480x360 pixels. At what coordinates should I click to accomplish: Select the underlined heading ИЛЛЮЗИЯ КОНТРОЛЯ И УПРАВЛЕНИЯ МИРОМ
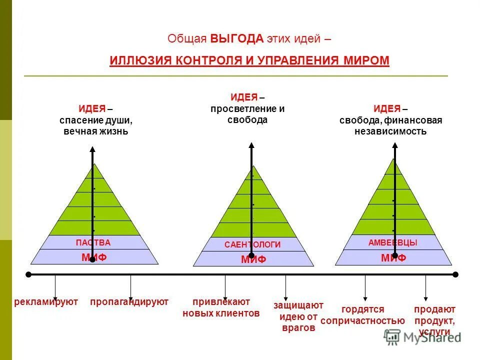tap(249, 60)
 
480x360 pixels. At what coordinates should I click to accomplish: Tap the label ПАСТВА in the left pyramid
tap(93, 242)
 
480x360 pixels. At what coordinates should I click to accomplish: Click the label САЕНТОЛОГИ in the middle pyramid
tap(252, 244)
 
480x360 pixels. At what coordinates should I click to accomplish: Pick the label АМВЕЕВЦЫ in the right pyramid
tap(392, 242)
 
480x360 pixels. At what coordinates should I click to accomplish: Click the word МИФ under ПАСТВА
tap(94, 257)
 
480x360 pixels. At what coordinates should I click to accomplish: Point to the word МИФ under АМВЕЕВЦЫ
tap(393, 258)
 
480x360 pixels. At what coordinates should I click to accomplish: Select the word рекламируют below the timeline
tap(46, 302)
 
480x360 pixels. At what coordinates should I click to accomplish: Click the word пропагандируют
tap(129, 302)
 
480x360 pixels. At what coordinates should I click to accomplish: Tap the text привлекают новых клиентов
tap(221, 308)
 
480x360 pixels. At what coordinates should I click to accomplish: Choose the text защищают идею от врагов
tap(298, 316)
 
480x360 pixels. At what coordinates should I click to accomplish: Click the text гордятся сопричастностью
tap(362, 315)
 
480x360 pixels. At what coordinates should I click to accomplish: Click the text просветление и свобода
tap(247, 114)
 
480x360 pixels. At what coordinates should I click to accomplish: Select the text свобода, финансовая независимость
tap(390, 126)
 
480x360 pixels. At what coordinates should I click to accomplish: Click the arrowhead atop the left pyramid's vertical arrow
tap(92, 149)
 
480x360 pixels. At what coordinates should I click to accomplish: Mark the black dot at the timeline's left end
tap(28, 274)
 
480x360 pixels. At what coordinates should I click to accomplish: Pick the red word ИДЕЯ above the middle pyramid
tap(244, 97)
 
